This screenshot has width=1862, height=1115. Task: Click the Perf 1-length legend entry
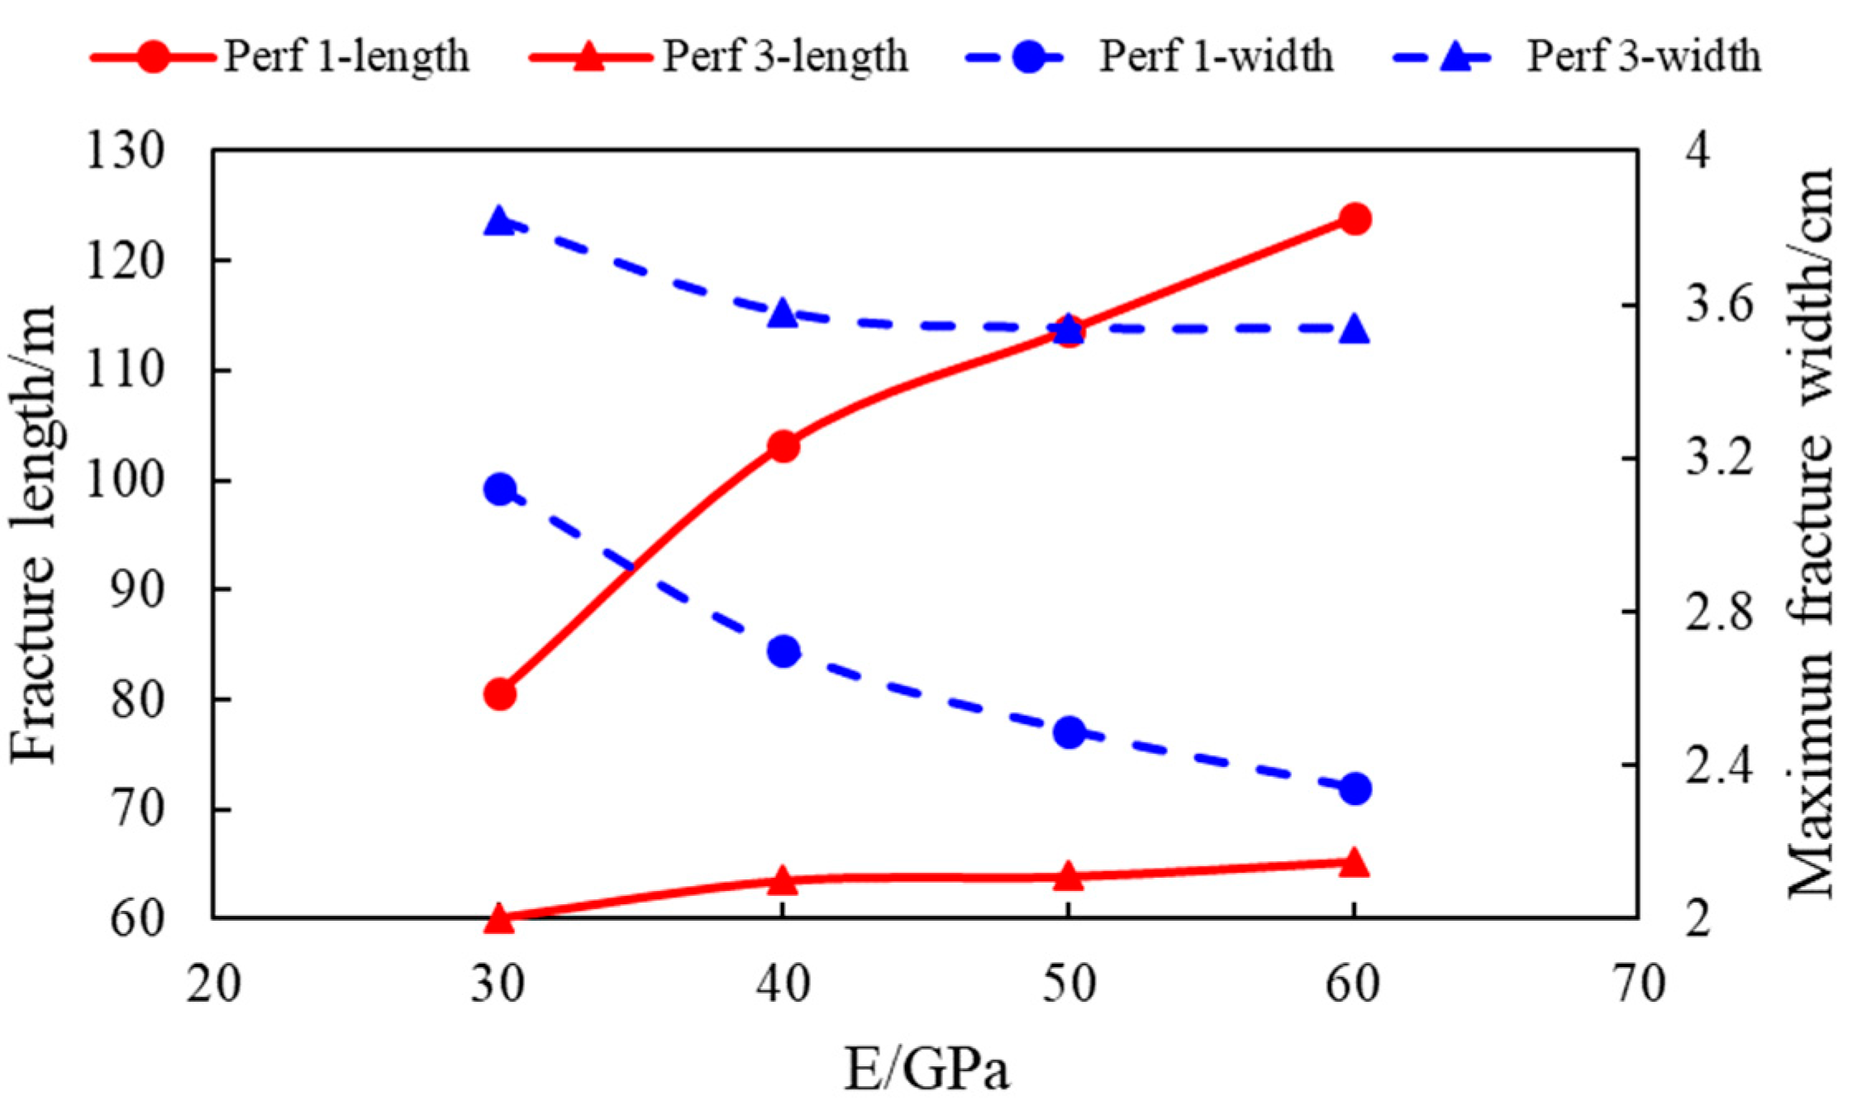[281, 57]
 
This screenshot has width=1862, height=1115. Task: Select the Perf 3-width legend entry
[1579, 57]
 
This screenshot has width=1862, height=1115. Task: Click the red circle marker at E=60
[1355, 220]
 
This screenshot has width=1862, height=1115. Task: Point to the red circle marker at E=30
[500, 694]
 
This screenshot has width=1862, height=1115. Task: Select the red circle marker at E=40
[783, 447]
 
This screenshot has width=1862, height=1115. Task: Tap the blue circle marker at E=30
[500, 490]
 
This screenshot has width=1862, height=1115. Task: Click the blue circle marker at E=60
[1355, 789]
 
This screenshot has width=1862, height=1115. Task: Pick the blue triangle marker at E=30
[499, 222]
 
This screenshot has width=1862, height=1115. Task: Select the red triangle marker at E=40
[782, 881]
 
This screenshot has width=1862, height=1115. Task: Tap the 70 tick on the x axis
[1638, 985]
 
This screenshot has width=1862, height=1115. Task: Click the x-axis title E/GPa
[926, 1070]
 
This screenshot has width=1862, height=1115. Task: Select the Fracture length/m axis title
[35, 534]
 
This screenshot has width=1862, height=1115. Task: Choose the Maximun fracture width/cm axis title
[1812, 534]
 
